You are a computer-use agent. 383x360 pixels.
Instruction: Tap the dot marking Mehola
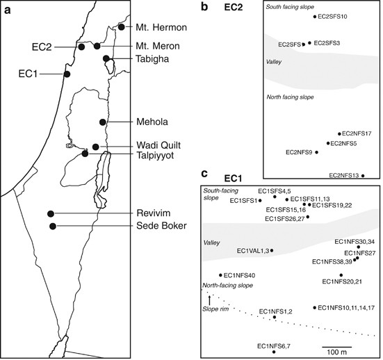pos(103,122)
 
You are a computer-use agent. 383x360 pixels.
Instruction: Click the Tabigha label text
pos(156,59)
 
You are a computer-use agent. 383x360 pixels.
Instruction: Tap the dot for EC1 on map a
pos(67,74)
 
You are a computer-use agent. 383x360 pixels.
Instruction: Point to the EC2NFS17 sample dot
pos(339,133)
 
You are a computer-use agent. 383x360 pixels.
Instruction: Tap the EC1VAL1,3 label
pos(252,250)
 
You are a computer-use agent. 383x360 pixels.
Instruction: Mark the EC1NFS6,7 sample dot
pos(275,352)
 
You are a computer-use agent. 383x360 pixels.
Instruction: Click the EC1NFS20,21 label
pos(343,281)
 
